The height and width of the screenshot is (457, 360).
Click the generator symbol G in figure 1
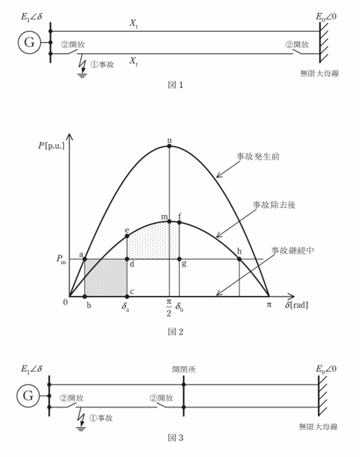[x=29, y=42]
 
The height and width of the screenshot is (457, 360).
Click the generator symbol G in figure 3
[x=28, y=396]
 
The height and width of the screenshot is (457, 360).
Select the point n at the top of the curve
[x=169, y=146]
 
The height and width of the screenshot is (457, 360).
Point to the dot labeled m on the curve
[x=169, y=221]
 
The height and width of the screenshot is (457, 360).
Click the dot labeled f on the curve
[x=179, y=223]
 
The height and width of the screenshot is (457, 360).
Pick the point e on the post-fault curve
[x=127, y=236]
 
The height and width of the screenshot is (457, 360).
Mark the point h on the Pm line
[x=239, y=259]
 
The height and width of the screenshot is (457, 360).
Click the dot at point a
[x=84, y=259]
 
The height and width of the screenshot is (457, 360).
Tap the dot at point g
[x=179, y=259]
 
